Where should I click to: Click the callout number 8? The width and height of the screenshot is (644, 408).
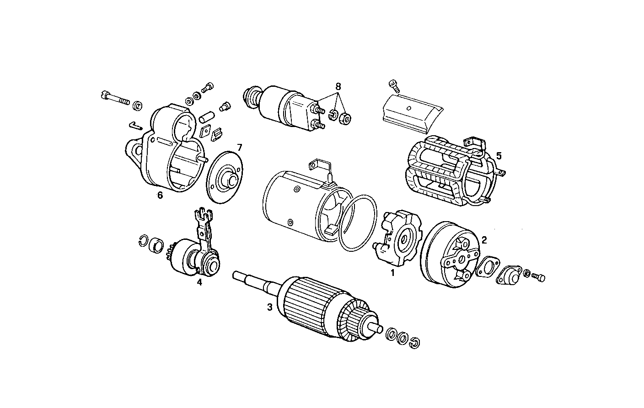pos(338,86)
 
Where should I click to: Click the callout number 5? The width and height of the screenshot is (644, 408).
pos(499,156)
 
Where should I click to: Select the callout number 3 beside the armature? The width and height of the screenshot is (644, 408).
pos(270,307)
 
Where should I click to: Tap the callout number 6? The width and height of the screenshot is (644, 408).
pos(160,195)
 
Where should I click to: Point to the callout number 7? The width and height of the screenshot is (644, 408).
pos(239,147)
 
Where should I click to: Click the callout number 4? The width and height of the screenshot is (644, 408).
pos(199,282)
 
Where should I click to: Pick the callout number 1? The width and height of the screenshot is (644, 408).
pos(392,273)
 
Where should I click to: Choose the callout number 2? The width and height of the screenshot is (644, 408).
pos(484,239)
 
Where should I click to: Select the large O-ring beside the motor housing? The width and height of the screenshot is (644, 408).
pos(359,223)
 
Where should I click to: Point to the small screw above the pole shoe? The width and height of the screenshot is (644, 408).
pos(393,85)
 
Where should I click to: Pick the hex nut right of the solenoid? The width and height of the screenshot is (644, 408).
pos(346,118)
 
